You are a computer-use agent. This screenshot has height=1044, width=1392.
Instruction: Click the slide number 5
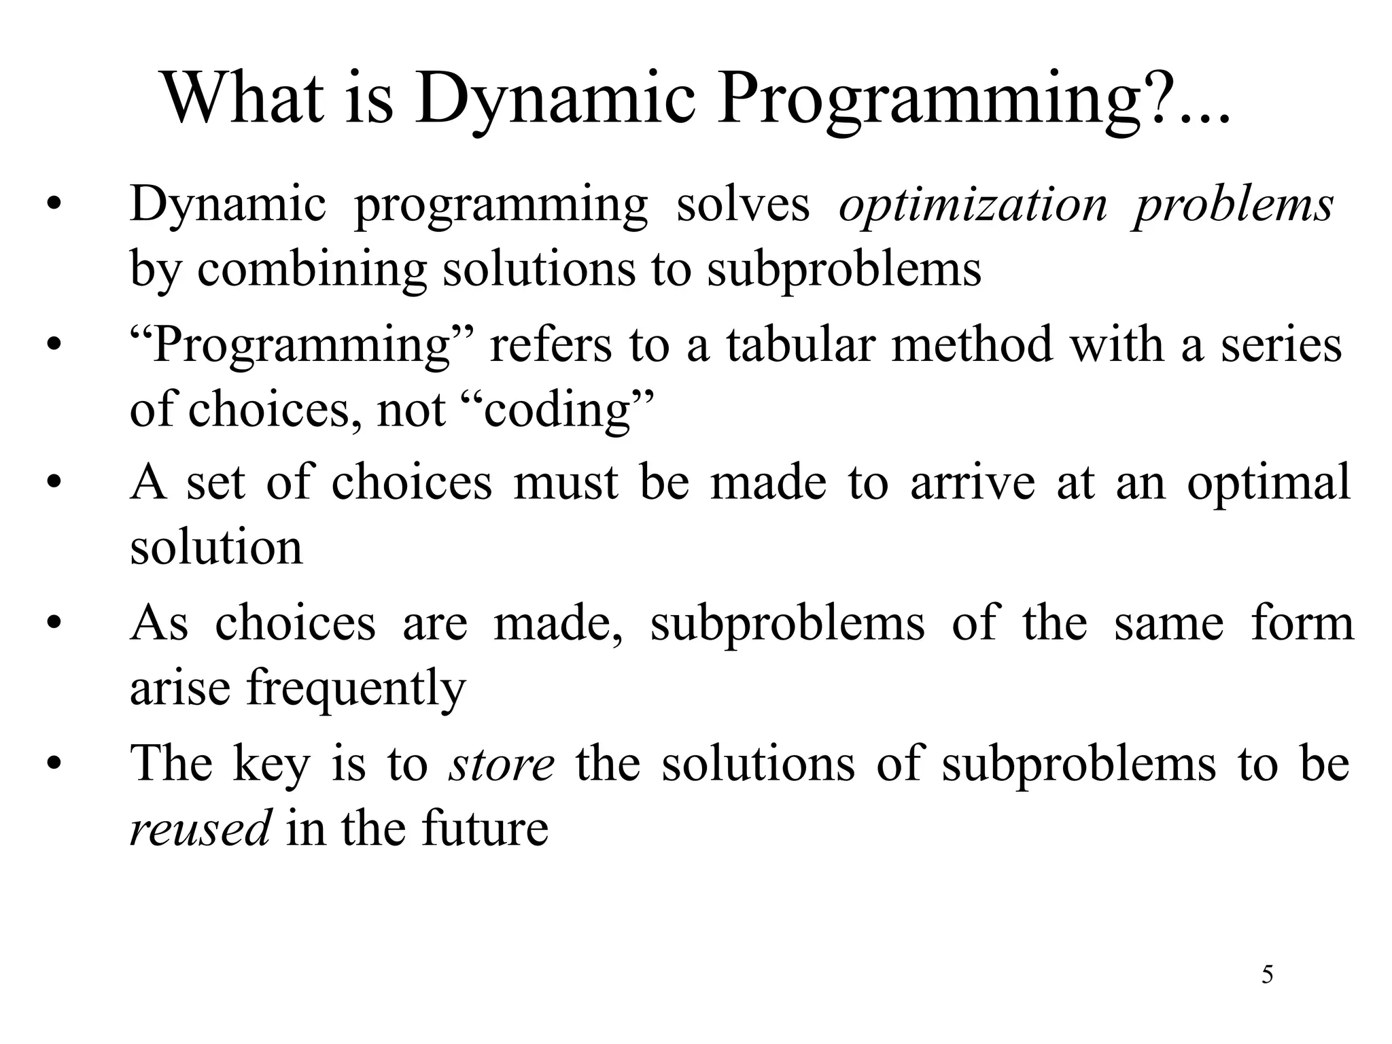[1267, 975]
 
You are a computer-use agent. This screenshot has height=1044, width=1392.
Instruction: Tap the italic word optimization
[973, 205]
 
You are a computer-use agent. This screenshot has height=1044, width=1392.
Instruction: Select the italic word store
[502, 763]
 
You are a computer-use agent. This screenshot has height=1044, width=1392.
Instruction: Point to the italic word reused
[201, 829]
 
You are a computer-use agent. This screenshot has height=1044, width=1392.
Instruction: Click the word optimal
[1268, 484]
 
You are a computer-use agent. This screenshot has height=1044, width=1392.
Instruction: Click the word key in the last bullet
[271, 765]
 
